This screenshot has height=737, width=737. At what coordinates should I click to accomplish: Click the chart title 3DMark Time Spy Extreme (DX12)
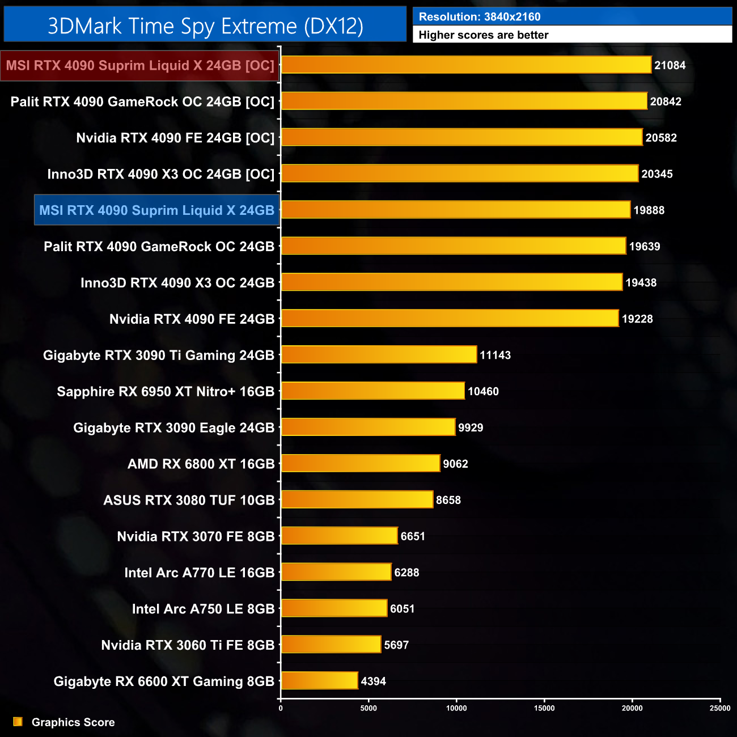[x=205, y=26]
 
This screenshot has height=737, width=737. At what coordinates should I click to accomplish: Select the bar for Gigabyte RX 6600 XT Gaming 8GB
[x=319, y=680]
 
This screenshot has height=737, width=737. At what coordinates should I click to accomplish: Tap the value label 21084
[x=670, y=65]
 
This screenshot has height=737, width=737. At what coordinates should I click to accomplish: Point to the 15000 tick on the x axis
[x=544, y=708]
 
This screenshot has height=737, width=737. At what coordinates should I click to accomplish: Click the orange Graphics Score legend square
[x=18, y=722]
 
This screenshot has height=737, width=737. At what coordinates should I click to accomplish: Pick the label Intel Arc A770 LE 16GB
[x=199, y=573]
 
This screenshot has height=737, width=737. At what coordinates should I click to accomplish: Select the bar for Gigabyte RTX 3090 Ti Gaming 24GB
[x=379, y=354]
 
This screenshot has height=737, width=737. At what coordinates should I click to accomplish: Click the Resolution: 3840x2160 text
[x=480, y=16]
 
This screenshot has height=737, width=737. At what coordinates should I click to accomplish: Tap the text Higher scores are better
[x=483, y=35]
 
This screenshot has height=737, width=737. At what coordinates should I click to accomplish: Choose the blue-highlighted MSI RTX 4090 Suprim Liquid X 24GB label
[x=156, y=210]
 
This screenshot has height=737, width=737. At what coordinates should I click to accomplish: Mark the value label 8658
[x=448, y=500]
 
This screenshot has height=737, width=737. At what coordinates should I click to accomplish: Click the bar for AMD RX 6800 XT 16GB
[x=361, y=463]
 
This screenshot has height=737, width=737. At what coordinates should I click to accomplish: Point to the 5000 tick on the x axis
[x=369, y=708]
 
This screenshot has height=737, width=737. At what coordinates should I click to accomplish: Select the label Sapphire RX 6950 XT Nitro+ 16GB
[x=166, y=391]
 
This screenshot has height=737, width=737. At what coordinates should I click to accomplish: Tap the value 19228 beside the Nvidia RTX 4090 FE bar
[x=637, y=319]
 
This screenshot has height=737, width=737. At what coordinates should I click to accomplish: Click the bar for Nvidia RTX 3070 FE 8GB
[x=339, y=536]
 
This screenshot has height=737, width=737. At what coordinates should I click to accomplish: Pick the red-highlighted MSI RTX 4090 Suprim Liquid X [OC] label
[x=140, y=66]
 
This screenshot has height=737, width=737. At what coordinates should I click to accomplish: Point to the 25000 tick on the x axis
[x=720, y=708]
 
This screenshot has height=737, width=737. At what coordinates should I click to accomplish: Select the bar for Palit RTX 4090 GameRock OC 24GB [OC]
[x=464, y=101]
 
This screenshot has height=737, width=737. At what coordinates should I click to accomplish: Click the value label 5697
[x=396, y=645]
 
